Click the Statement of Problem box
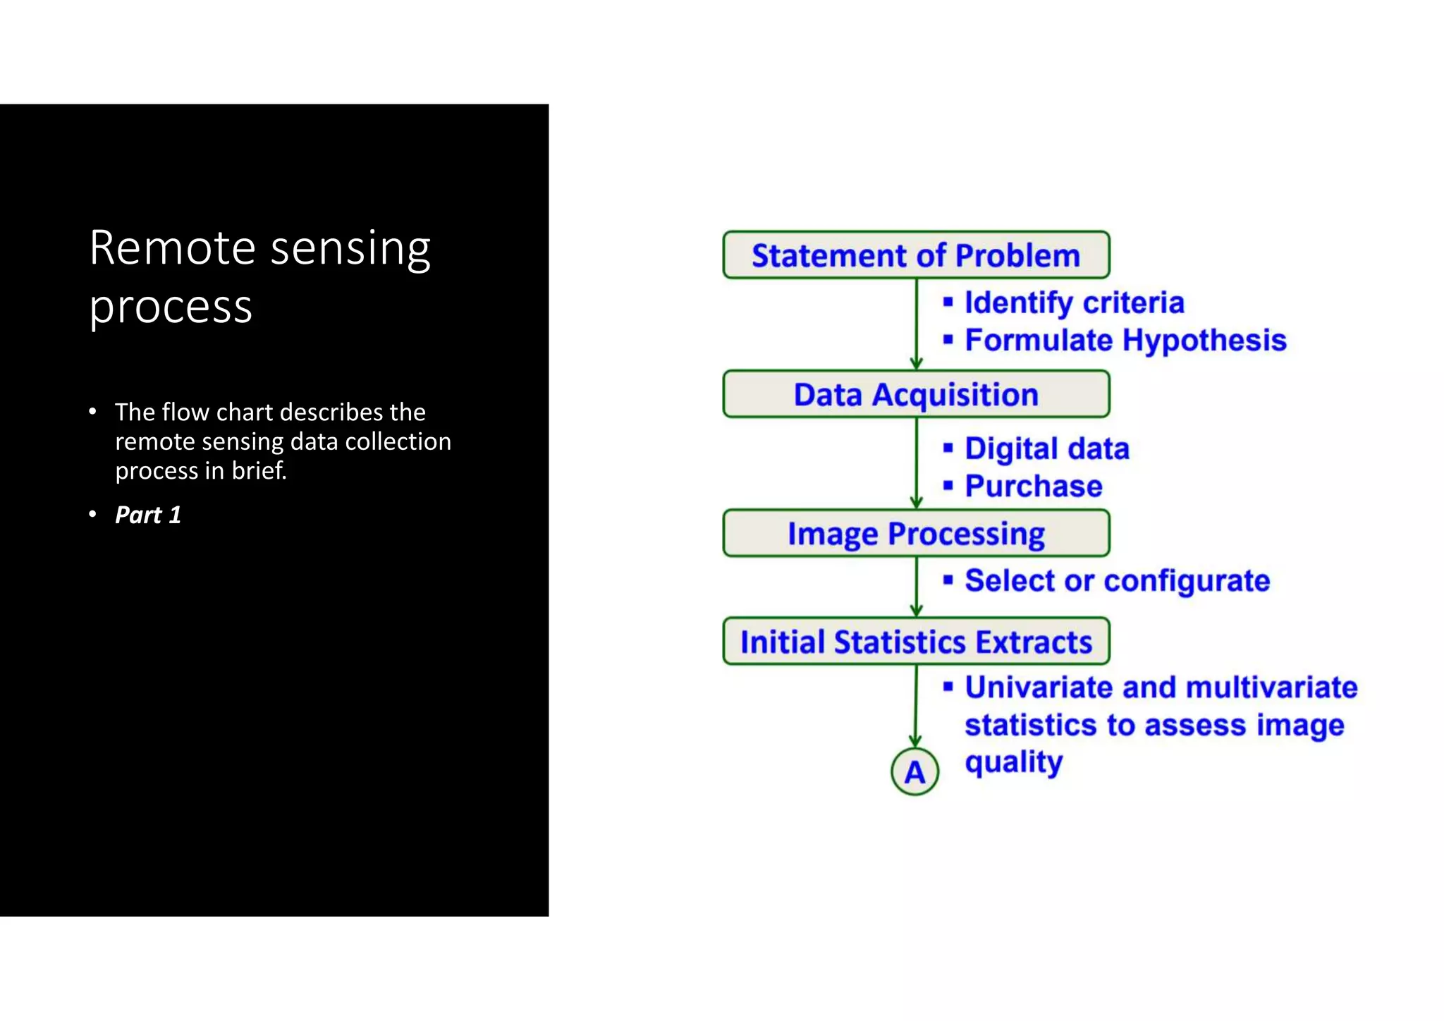coord(916,255)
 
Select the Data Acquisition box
coord(916,394)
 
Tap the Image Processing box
coord(916,533)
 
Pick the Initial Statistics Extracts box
coord(916,642)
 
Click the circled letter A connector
coord(914,772)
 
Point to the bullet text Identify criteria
coord(1074,302)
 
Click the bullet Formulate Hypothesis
coord(1125,340)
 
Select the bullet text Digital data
coord(1046,448)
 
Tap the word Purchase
coord(1033,486)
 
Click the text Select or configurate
coord(1117,581)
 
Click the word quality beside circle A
coord(1013,763)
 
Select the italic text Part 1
coord(148,515)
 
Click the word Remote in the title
coord(172,248)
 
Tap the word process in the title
coord(171,307)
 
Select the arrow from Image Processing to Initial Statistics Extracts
coord(916,587)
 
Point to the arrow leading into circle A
coord(915,705)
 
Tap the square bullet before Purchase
coord(948,485)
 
